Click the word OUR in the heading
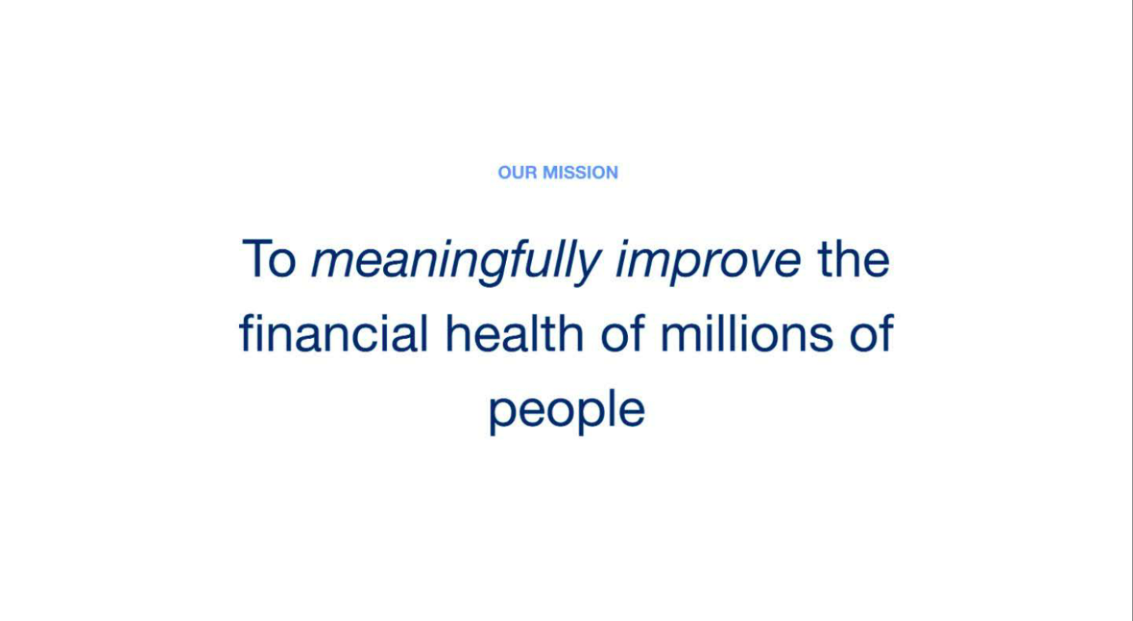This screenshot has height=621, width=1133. (518, 173)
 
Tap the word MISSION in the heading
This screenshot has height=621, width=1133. (580, 173)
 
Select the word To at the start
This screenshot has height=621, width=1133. (268, 259)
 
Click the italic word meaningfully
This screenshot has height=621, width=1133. (456, 263)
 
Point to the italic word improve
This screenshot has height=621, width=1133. (708, 263)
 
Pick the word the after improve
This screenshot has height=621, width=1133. (853, 259)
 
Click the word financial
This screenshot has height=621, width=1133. (334, 333)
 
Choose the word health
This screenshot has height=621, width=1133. (515, 333)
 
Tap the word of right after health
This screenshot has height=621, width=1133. (622, 333)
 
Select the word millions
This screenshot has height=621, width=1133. (747, 333)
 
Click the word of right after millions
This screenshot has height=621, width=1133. (872, 333)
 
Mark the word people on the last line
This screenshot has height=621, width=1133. (567, 411)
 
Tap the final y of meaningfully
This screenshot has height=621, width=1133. (587, 267)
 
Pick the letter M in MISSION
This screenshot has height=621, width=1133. (551, 173)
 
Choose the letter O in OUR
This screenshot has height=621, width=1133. (505, 173)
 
